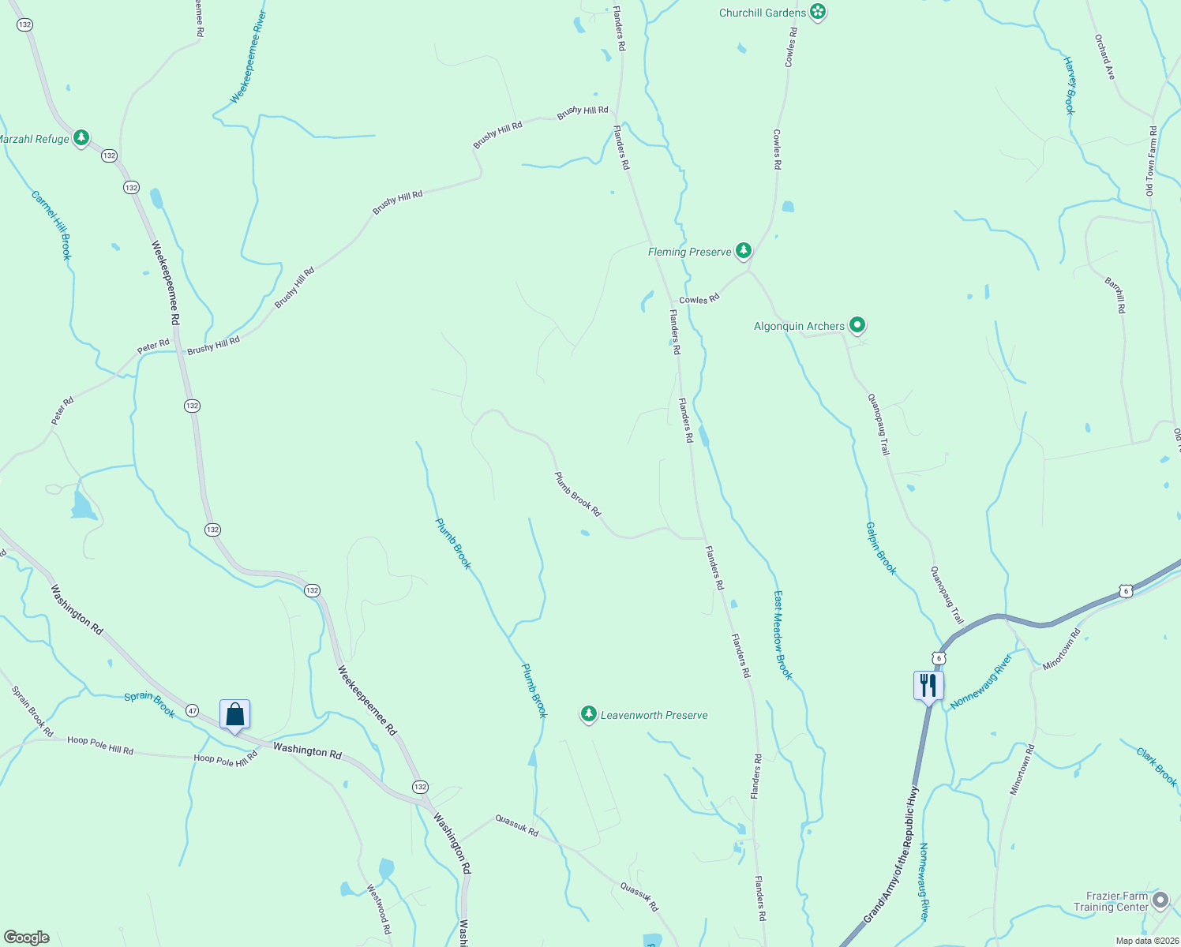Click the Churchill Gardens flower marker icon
(819, 12)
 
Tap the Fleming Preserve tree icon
(743, 251)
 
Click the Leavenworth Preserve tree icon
(588, 714)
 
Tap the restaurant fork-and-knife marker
(928, 685)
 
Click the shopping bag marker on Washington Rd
(234, 714)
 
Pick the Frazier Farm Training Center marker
(1160, 900)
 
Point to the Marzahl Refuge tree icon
(81, 138)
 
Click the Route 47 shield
(193, 710)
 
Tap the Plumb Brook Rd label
(577, 494)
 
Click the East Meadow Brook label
(782, 634)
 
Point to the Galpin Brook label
(881, 548)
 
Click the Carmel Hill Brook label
(52, 224)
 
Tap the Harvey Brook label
(1070, 85)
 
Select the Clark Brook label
(1157, 766)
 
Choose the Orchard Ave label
(1105, 57)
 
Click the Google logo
(27, 938)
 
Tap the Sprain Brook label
(150, 704)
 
